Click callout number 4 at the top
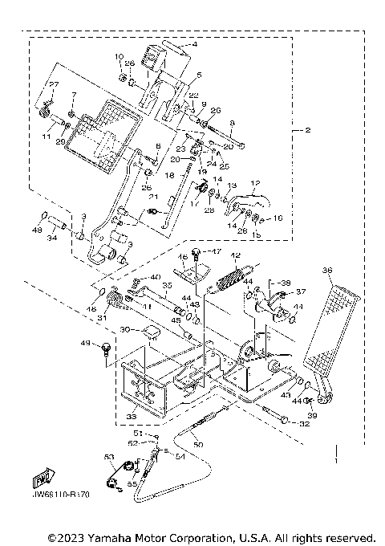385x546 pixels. (192, 46)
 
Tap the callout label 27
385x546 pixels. (55, 84)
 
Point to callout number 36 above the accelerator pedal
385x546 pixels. (327, 271)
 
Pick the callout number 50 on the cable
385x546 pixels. (199, 443)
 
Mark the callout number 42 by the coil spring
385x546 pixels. (237, 255)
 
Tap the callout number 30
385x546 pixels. (125, 329)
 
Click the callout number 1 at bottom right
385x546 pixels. (334, 462)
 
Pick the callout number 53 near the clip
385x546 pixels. (109, 456)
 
